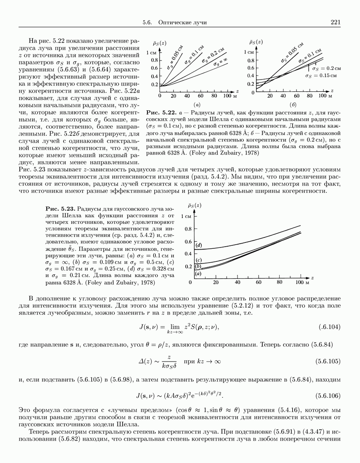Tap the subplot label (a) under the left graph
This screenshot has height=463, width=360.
196,104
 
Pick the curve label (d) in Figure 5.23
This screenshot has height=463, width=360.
199,245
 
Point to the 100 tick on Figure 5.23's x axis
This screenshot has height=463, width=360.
301,282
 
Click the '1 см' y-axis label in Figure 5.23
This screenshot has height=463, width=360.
185,216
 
